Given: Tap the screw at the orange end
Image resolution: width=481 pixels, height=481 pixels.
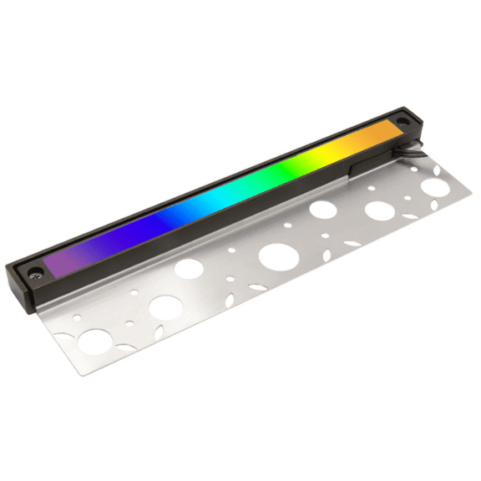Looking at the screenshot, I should click(403, 123).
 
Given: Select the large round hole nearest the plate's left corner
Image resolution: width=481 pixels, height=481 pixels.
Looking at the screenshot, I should click(95, 340).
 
